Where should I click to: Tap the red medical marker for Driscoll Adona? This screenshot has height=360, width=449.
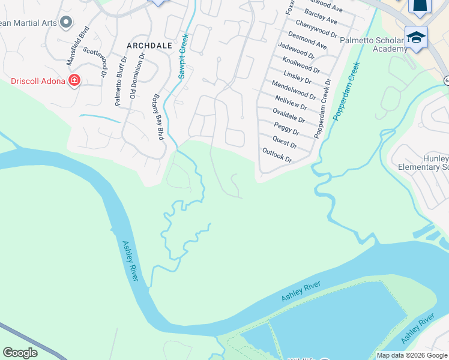(x=74, y=80)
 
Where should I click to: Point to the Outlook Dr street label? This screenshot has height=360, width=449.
(x=277, y=156)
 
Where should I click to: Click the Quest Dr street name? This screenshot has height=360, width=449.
(x=285, y=142)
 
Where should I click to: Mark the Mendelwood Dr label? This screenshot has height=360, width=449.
(x=294, y=89)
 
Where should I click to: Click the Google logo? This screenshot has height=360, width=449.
(x=20, y=353)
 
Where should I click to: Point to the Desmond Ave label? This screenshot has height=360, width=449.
(x=307, y=41)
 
